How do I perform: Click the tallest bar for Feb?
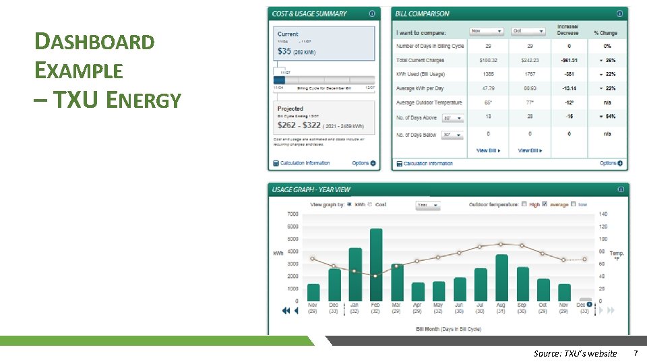(375, 264)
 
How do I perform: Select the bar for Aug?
(501, 277)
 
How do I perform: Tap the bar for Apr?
(418, 291)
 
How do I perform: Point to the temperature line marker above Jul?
(480, 247)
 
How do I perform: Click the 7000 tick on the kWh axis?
(293, 214)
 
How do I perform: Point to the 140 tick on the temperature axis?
(603, 214)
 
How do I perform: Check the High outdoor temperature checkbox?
(524, 204)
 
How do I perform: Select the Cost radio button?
(371, 204)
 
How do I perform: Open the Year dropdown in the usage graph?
(427, 205)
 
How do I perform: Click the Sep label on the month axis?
(522, 305)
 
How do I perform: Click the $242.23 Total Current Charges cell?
(530, 61)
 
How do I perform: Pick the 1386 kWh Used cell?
(488, 73)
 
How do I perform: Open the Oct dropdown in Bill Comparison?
(528, 31)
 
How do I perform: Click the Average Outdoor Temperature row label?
(429, 102)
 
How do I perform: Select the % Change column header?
(605, 32)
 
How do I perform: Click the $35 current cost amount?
(284, 51)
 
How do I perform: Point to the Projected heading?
(290, 109)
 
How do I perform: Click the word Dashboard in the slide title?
(94, 42)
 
